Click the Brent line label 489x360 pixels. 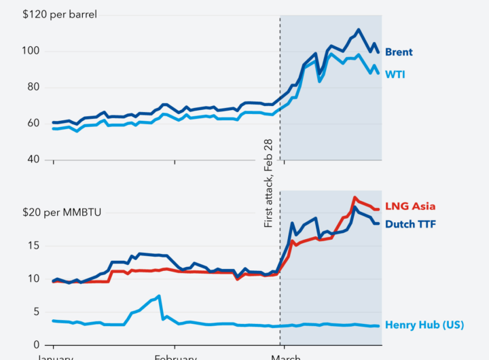click(x=399, y=52)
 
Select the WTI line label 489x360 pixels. click(x=395, y=74)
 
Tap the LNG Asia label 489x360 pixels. click(x=410, y=206)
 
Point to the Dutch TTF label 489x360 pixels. click(x=410, y=223)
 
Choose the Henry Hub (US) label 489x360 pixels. click(x=424, y=325)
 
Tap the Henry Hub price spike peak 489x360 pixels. click(x=159, y=296)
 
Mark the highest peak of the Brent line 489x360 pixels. click(x=359, y=30)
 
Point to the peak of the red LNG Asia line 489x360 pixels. click(x=355, y=198)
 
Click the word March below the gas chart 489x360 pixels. click(x=286, y=357)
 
